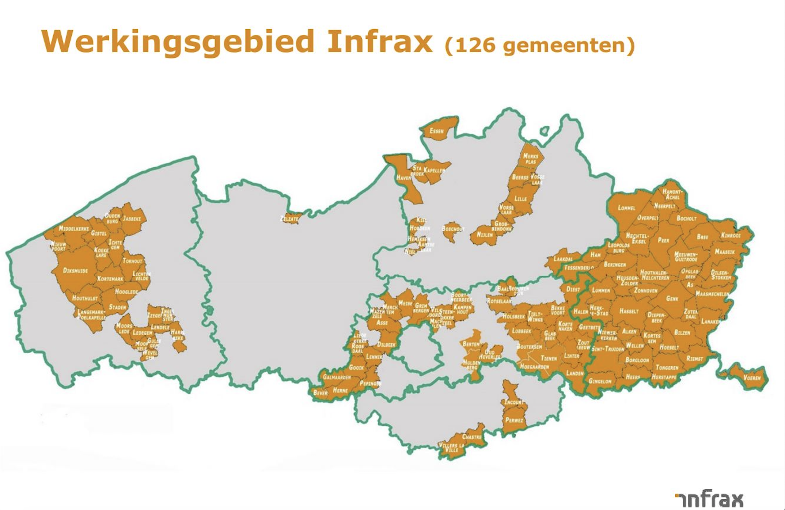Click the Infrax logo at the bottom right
(x=709, y=499)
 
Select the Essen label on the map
(x=436, y=131)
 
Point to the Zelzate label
(x=289, y=219)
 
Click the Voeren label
(x=752, y=378)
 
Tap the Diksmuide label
(x=75, y=271)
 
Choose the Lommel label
(x=626, y=208)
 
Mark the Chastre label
(x=472, y=437)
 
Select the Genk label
(x=672, y=298)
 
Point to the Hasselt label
(x=629, y=311)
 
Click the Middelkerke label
(x=74, y=229)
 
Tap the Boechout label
(x=453, y=229)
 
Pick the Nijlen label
(x=485, y=235)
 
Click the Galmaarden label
(x=337, y=377)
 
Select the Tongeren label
(x=667, y=368)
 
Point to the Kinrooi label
(x=731, y=235)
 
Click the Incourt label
(x=514, y=402)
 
